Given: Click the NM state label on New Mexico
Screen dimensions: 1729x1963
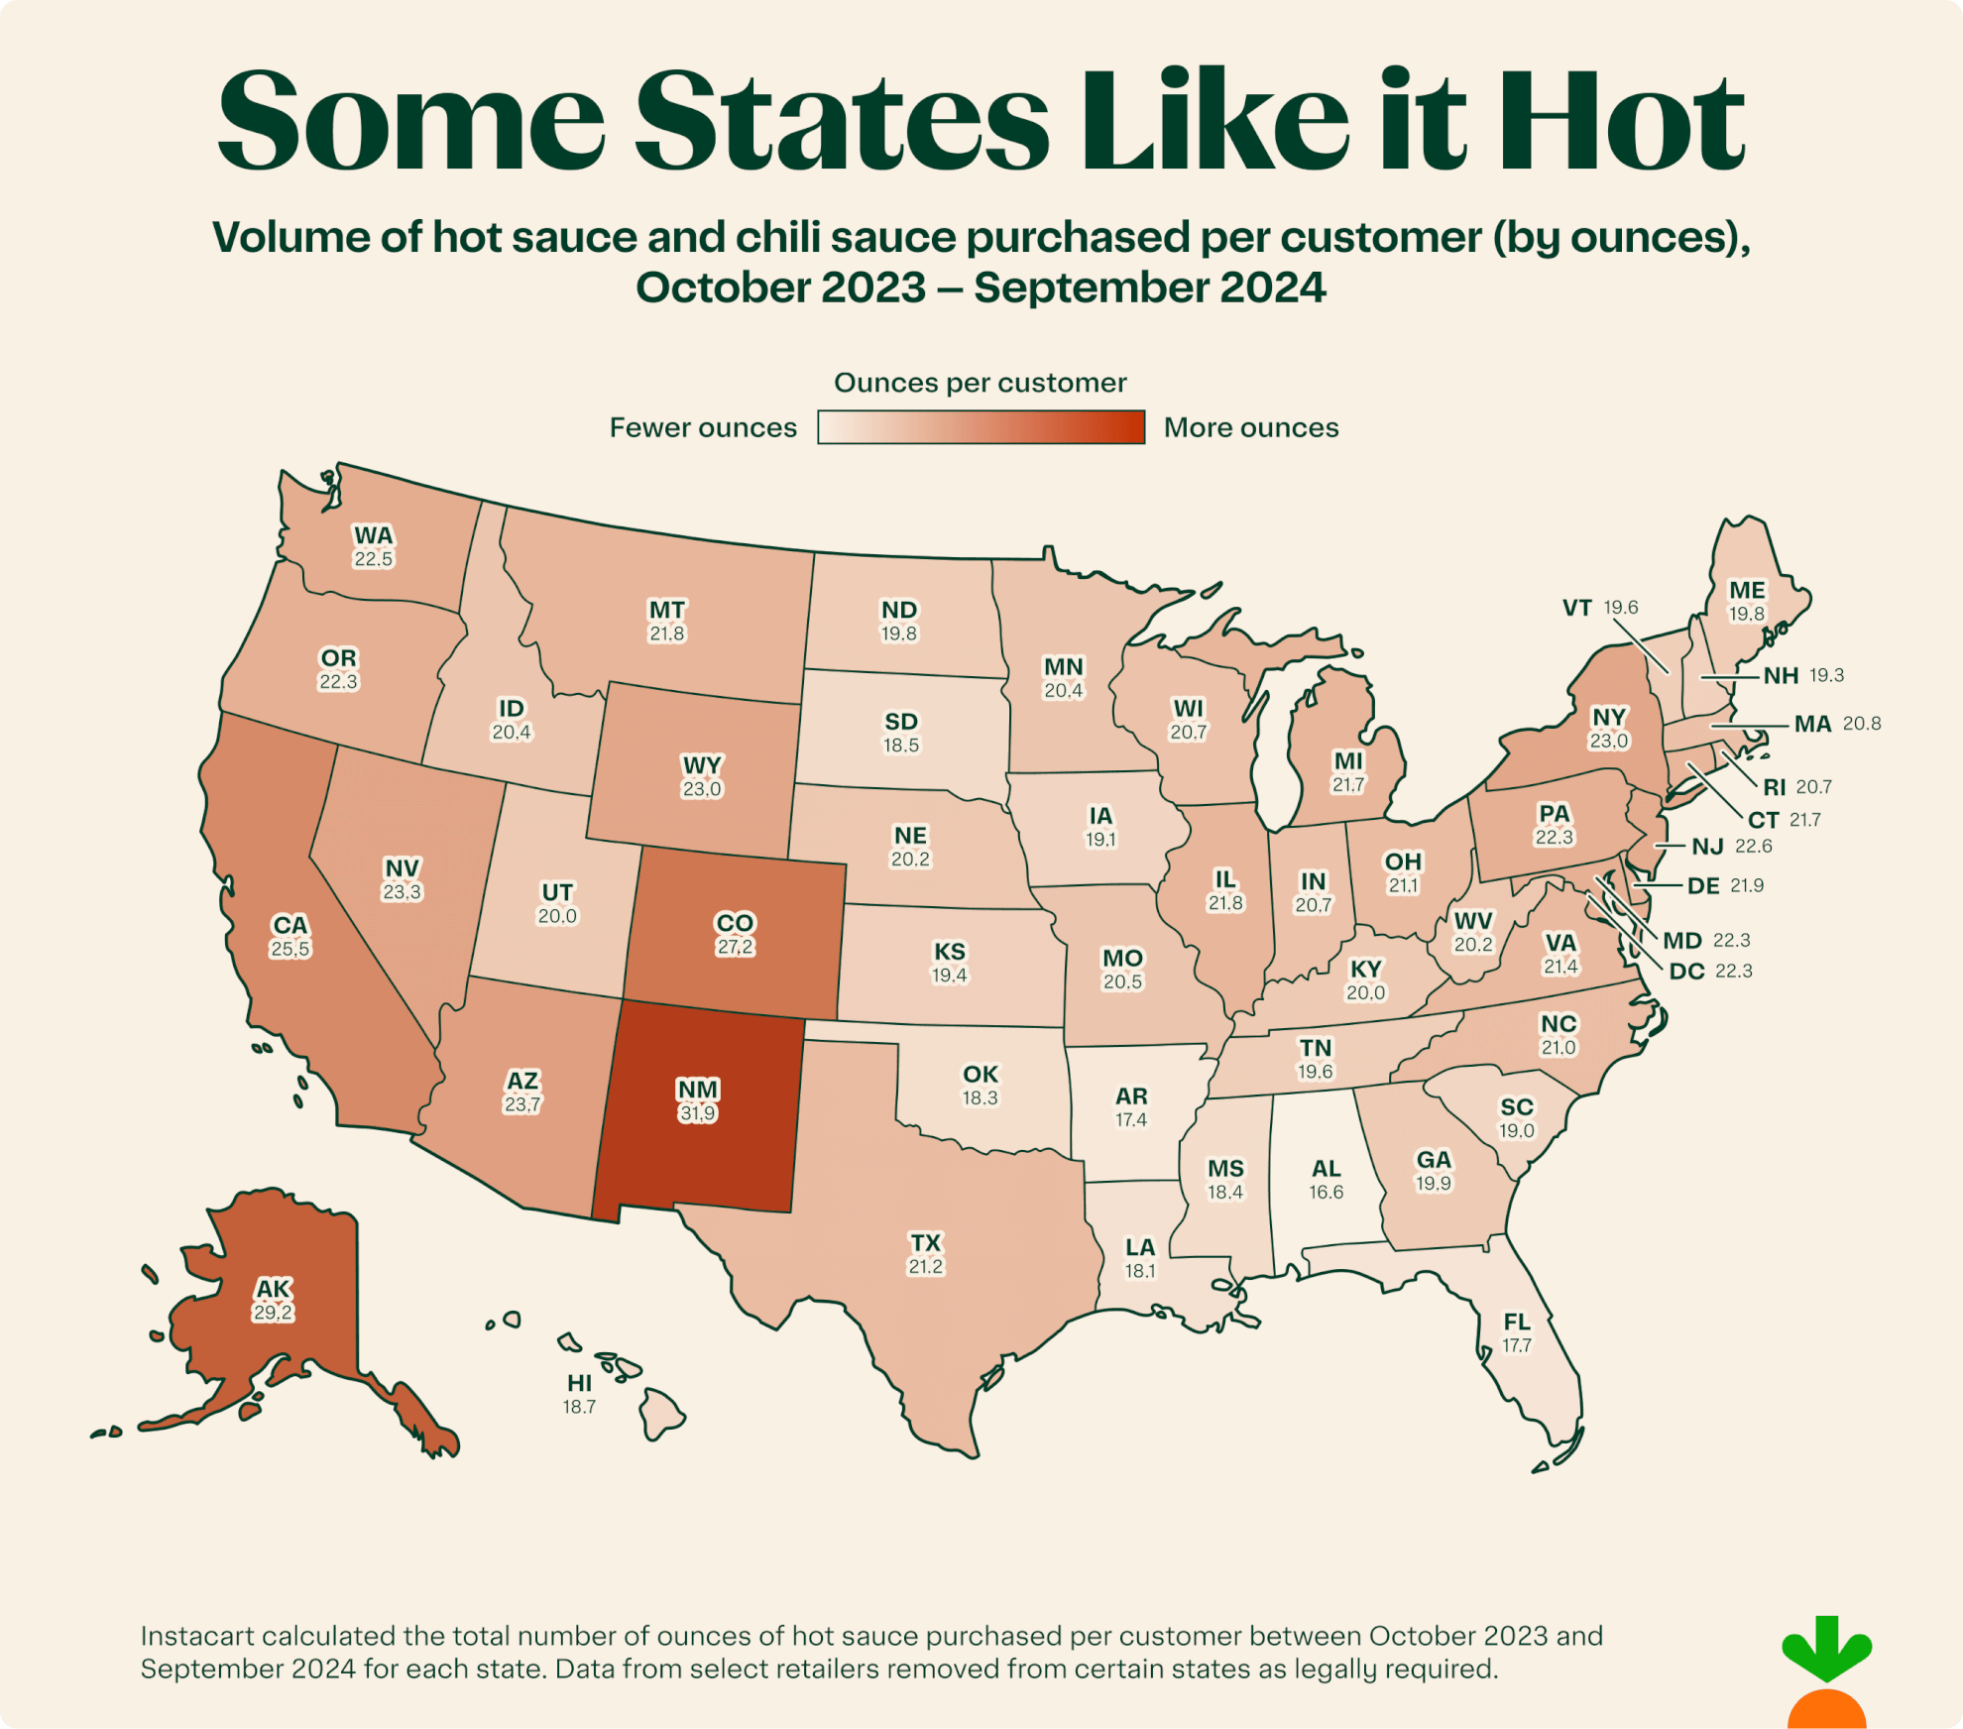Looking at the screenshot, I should pyautogui.click(x=698, y=1090).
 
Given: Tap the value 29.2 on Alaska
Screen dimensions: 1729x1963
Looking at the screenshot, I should pyautogui.click(x=273, y=1313).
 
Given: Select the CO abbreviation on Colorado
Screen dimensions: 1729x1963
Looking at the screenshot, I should pyautogui.click(x=735, y=923).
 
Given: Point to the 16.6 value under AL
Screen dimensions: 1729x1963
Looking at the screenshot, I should pyautogui.click(x=1326, y=1192).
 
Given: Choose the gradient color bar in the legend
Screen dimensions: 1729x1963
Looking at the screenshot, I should pyautogui.click(x=981, y=427).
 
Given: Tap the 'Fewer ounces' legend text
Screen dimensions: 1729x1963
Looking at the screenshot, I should pyautogui.click(x=702, y=427).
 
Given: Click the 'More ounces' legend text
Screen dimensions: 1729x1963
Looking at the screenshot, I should pyautogui.click(x=1250, y=427).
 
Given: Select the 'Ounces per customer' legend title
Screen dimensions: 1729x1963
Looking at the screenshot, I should pyautogui.click(x=980, y=383).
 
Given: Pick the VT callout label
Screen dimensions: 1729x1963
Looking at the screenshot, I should pyautogui.click(x=1576, y=608).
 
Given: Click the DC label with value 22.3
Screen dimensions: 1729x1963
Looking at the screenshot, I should pyautogui.click(x=1686, y=972).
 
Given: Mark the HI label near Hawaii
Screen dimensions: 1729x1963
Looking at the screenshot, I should pyautogui.click(x=579, y=1383).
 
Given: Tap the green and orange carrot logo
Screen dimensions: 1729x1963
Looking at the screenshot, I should pyautogui.click(x=1826, y=1675).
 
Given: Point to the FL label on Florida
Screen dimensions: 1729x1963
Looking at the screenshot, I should pyautogui.click(x=1516, y=1322).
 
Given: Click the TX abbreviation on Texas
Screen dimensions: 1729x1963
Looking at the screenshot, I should pyautogui.click(x=925, y=1243).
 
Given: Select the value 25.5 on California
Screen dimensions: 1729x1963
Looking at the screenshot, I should pyautogui.click(x=289, y=949).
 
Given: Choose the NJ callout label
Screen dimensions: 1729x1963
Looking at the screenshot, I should pyautogui.click(x=1707, y=847).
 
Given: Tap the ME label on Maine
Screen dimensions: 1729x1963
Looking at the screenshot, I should pyautogui.click(x=1746, y=590).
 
